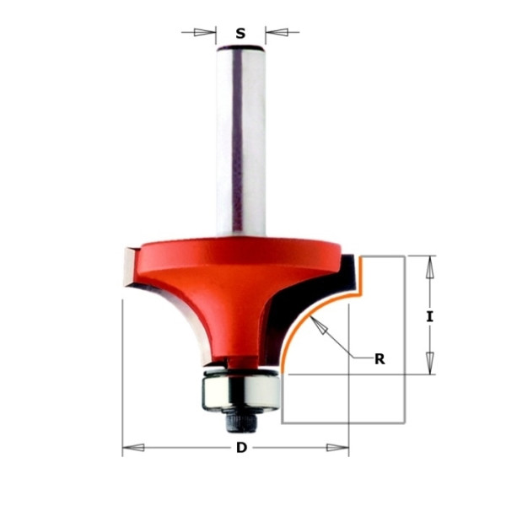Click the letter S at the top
click(240, 33)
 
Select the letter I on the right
click(429, 317)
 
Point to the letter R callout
click(379, 359)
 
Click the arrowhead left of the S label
click(201, 32)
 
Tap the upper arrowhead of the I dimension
click(429, 267)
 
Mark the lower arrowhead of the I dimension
click(429, 363)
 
